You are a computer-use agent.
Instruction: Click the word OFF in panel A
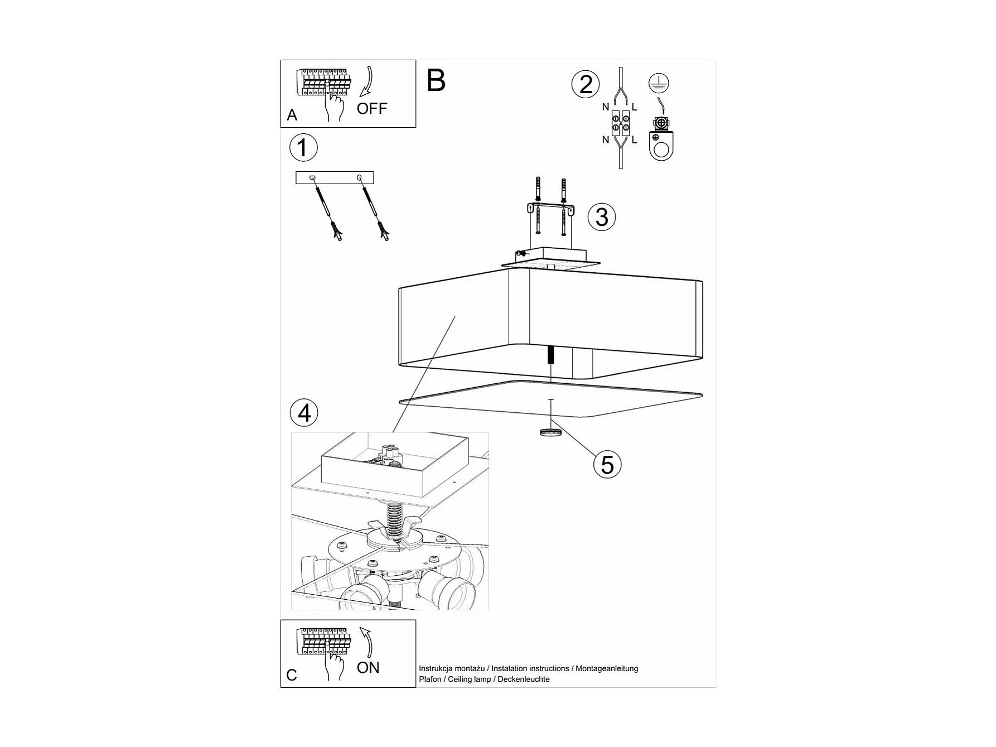click(x=371, y=108)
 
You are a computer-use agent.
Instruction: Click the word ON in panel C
click(x=368, y=668)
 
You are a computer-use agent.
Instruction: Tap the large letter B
click(x=436, y=81)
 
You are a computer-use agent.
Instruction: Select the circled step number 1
click(x=303, y=148)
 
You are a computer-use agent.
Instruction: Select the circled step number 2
click(x=586, y=85)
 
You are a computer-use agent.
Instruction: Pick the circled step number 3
click(x=602, y=217)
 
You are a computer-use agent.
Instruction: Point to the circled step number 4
click(x=304, y=413)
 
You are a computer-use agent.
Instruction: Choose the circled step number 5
click(x=607, y=465)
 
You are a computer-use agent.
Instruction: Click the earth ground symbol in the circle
click(x=659, y=83)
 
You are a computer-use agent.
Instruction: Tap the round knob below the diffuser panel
click(x=550, y=432)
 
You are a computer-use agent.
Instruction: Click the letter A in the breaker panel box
click(x=292, y=115)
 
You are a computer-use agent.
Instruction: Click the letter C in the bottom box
click(x=291, y=675)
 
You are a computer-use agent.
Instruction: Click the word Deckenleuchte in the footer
click(x=524, y=679)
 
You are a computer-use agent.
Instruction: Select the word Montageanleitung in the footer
click(x=607, y=668)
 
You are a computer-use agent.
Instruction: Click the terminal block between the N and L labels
click(x=620, y=123)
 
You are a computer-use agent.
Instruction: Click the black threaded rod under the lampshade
click(x=551, y=355)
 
